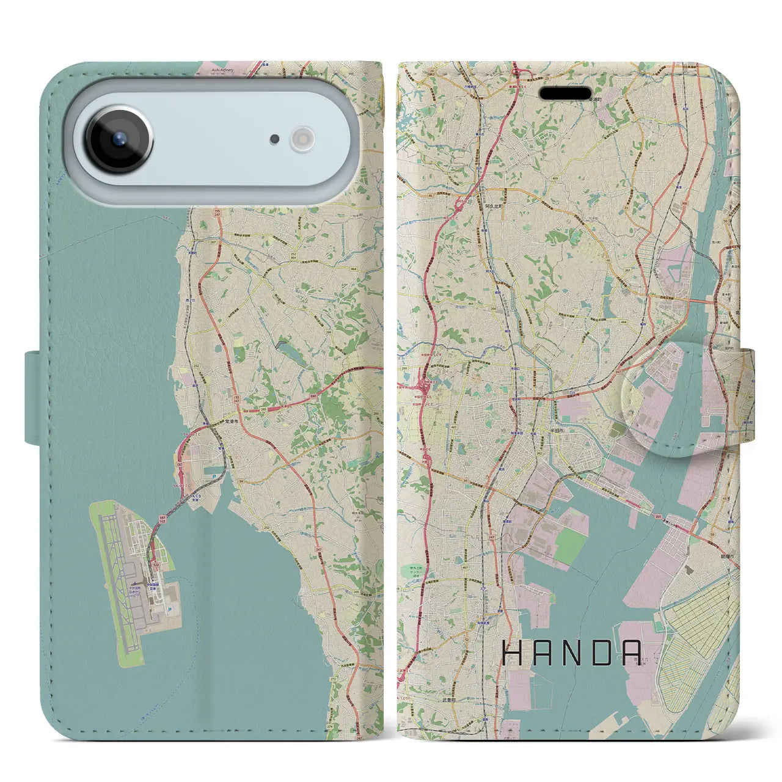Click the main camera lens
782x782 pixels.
[x=119, y=139]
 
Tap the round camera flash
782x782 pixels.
[x=301, y=139]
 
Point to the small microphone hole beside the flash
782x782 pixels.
[x=275, y=139]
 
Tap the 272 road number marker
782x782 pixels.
[x=334, y=679]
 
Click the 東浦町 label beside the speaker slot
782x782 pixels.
[x=597, y=98]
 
